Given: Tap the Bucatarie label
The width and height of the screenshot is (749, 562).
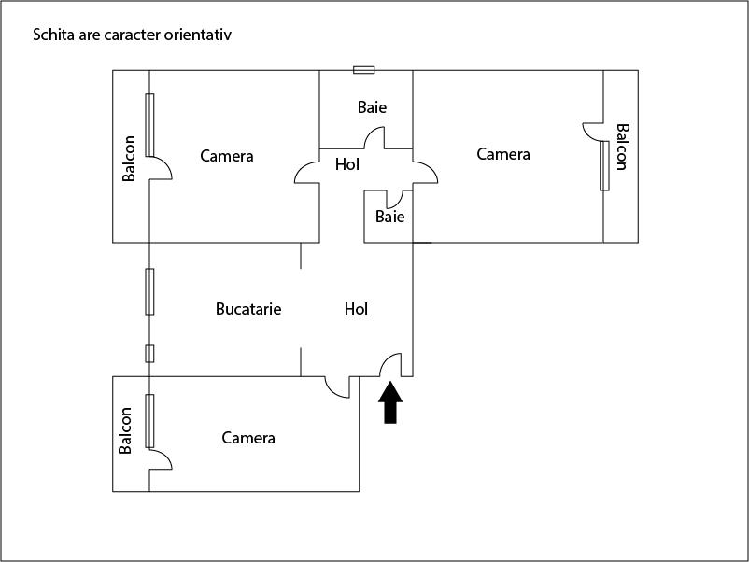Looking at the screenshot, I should (248, 309).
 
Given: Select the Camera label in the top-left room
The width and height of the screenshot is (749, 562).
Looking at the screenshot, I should (227, 156).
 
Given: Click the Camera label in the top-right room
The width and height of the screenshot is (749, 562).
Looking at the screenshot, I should (503, 154).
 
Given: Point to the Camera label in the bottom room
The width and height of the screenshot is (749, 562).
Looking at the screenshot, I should (248, 437).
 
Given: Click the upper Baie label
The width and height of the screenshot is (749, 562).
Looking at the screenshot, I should (372, 107).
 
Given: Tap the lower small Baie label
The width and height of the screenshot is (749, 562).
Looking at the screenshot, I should (389, 217).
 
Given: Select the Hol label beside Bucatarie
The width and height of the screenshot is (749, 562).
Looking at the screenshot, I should (356, 309).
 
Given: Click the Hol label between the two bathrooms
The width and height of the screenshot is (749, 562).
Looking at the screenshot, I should (347, 165).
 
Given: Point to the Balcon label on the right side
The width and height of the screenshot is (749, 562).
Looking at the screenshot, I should (622, 146).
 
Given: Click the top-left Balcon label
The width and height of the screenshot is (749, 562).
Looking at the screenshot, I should (130, 159).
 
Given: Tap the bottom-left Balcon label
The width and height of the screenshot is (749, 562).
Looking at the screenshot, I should (127, 430).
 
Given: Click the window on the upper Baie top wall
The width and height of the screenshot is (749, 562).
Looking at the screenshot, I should (364, 70).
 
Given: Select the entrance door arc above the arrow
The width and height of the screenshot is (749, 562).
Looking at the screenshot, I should (391, 365).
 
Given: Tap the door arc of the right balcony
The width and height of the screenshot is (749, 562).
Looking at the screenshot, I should (593, 132).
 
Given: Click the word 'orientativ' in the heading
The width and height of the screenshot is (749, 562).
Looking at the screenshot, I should (198, 35).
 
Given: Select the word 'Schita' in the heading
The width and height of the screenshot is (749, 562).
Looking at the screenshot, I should (51, 35).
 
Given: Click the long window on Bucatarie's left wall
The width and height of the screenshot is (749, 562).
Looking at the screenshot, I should (149, 291).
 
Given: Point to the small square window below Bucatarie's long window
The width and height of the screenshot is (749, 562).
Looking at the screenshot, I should (149, 353).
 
